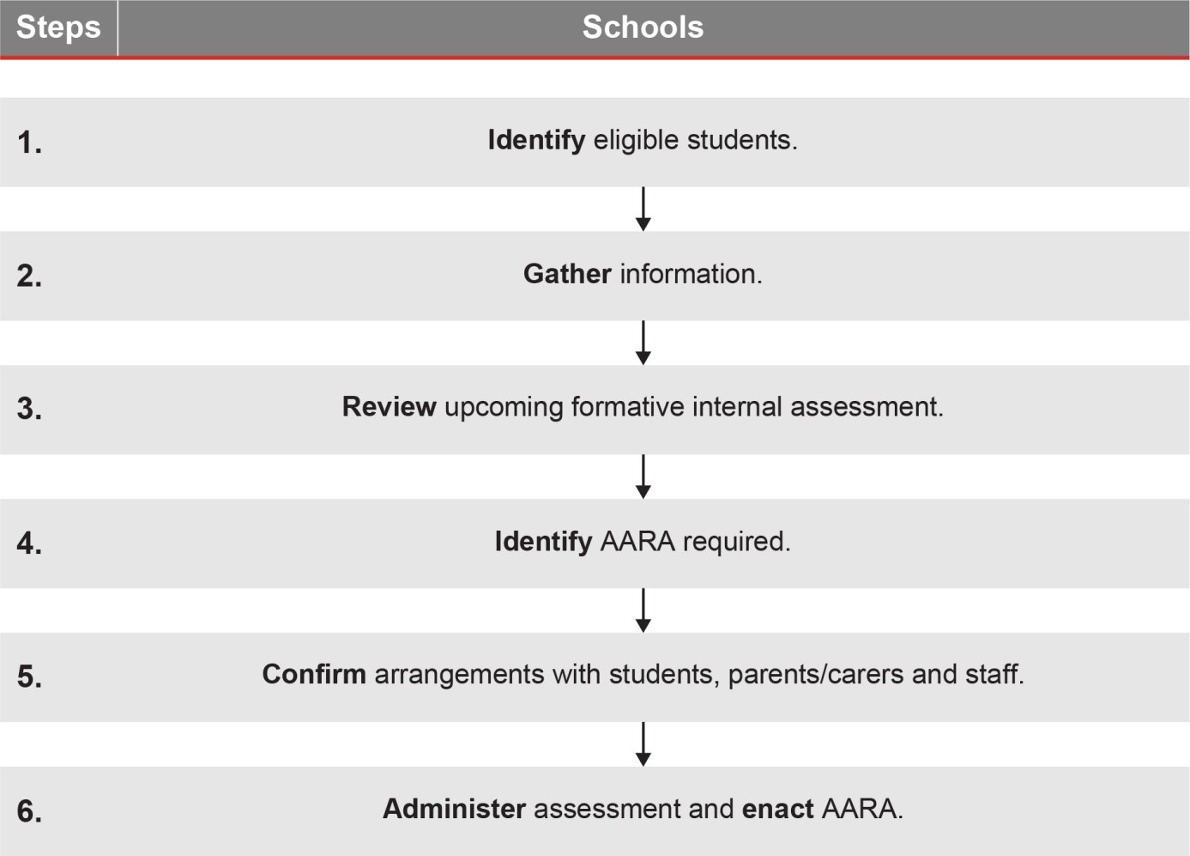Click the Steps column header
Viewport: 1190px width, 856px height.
[58, 27]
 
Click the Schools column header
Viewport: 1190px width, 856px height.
[643, 27]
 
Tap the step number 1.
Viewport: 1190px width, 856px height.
[29, 143]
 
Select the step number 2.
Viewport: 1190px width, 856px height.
[29, 276]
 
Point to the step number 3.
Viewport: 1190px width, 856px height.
[29, 409]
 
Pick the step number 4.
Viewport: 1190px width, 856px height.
[29, 543]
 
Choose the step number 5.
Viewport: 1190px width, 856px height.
[29, 677]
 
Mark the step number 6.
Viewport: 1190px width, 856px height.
[29, 811]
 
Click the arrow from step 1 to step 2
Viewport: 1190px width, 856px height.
[643, 209]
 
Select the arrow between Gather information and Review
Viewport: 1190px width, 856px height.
[643, 343]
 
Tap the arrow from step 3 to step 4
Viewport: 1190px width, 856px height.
[643, 477]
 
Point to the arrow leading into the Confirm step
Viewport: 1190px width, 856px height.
[643, 610]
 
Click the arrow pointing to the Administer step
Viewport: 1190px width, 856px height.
[643, 744]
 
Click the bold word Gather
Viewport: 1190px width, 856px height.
[567, 274]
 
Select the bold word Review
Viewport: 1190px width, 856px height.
[389, 407]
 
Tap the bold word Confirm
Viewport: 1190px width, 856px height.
[314, 674]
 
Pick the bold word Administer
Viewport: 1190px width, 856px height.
[454, 809]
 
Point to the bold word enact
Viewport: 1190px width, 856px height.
[777, 809]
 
